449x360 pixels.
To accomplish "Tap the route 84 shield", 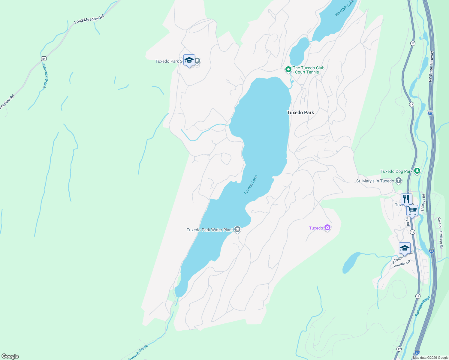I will click(44, 58).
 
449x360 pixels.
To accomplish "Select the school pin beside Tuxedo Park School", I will click(189, 60).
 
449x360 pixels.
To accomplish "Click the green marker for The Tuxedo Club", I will click(288, 70).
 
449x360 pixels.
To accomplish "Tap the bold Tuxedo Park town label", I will click(300, 112).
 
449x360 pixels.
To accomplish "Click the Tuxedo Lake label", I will click(251, 185).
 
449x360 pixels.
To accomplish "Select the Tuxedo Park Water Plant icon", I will click(237, 229).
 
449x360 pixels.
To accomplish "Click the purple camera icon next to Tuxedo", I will click(327, 228).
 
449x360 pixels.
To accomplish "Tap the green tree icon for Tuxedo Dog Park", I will click(417, 171).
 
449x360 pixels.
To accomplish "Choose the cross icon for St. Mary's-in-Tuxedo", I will click(399, 181).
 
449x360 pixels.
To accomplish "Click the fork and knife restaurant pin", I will click(406, 199).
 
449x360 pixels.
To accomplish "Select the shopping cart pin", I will click(412, 211).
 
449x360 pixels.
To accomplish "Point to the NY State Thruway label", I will click(431, 67).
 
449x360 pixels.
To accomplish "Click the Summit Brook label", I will click(138, 353).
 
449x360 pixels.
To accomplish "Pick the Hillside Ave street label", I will click(402, 264).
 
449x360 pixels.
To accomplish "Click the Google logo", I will click(10, 356).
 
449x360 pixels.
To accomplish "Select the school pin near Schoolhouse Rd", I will click(405, 248).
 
